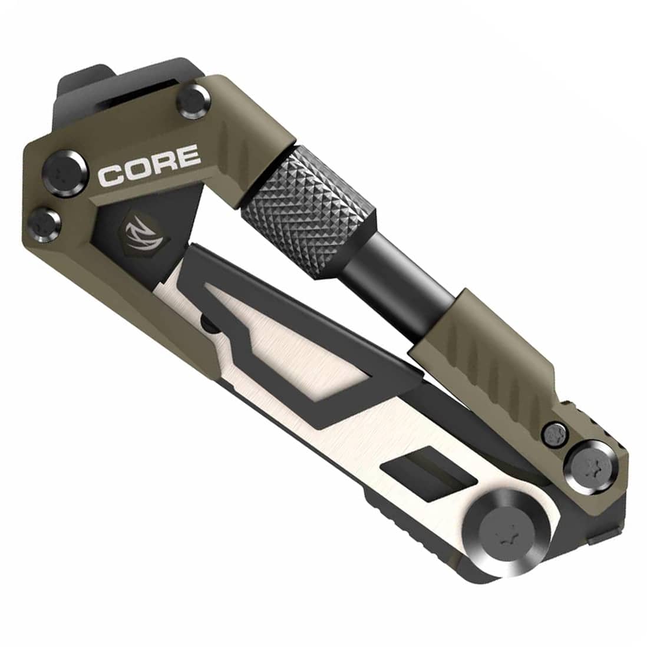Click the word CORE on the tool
point(148,166)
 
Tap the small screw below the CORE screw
point(45,222)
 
